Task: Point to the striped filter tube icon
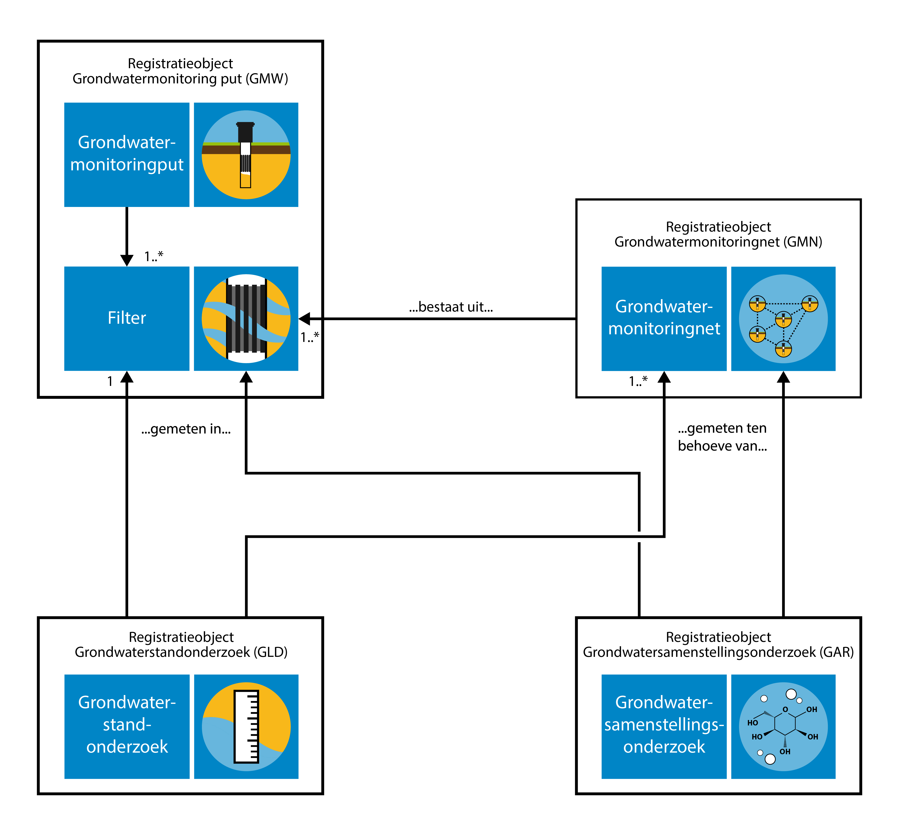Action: pyautogui.click(x=246, y=319)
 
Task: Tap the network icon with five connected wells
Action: pyautogui.click(x=783, y=319)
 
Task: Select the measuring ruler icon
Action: pyautogui.click(x=246, y=727)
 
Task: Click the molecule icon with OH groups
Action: pyautogui.click(x=783, y=727)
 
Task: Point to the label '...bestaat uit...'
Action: pyautogui.click(x=451, y=307)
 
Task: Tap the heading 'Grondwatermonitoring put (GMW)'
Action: pyautogui.click(x=180, y=79)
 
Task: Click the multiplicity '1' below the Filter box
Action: pyautogui.click(x=110, y=381)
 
